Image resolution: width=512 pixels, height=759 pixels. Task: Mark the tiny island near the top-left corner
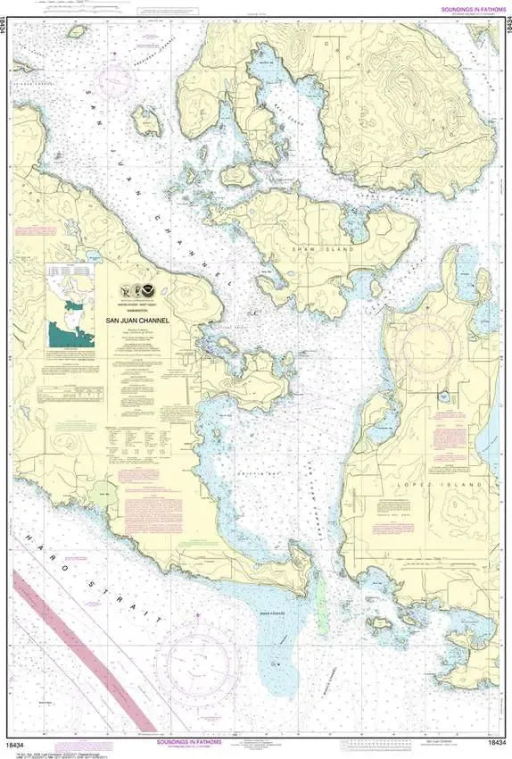coord(77,31)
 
